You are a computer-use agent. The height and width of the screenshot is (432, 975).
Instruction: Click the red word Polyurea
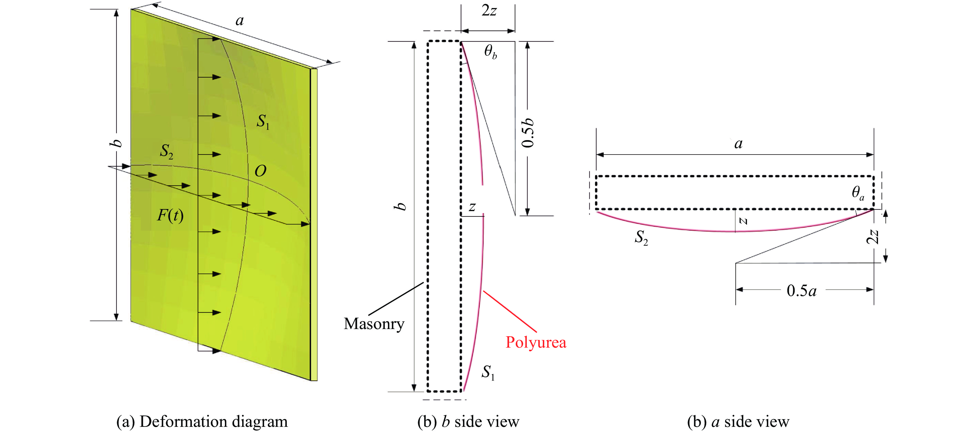(x=536, y=342)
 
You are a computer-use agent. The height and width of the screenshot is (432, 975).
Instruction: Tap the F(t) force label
(x=170, y=215)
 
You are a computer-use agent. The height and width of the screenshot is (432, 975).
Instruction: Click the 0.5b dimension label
(x=528, y=132)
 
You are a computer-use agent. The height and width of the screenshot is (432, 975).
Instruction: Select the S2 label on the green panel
(x=167, y=151)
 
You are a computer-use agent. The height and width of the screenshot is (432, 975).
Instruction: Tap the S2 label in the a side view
(x=641, y=238)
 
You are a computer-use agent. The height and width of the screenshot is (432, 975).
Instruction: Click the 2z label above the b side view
(x=489, y=11)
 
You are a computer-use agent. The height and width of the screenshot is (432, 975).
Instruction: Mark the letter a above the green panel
(x=240, y=21)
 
